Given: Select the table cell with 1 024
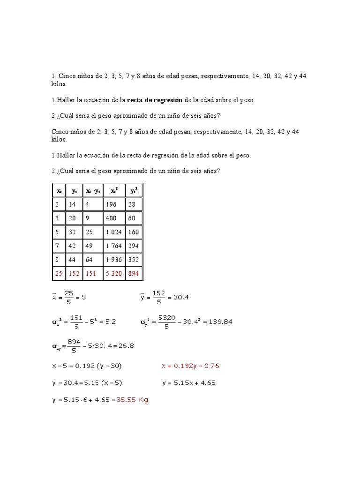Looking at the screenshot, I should [x=114, y=232].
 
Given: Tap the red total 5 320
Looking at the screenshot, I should [x=114, y=273].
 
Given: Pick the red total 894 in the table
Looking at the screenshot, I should [x=134, y=273].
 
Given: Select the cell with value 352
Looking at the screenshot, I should [x=134, y=259].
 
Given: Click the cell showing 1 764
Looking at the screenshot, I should [x=114, y=246].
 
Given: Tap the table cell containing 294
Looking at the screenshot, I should [x=134, y=246].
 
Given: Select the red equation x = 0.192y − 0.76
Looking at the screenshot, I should [x=190, y=366].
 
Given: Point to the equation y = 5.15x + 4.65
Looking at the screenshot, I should [x=189, y=383].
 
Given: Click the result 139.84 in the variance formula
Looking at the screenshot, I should [x=218, y=322].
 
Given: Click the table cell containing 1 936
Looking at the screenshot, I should [x=114, y=259].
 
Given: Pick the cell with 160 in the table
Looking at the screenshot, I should [x=134, y=232].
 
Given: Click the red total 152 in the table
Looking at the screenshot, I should [x=74, y=273].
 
